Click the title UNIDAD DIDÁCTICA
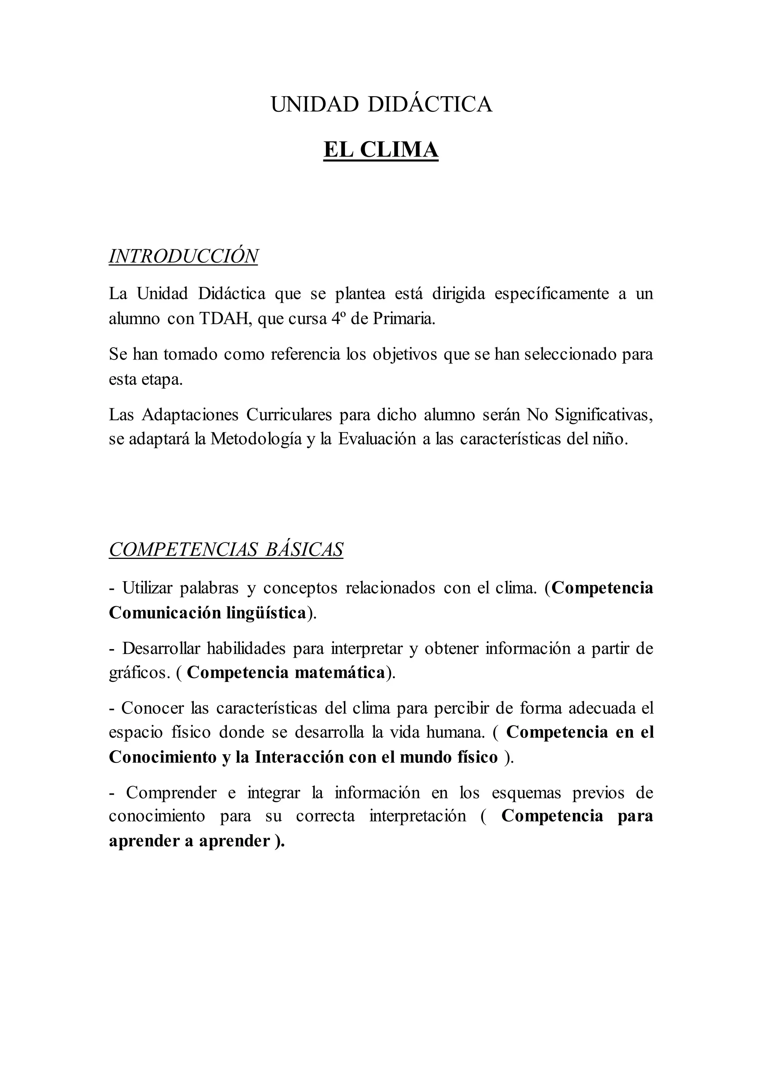tap(381, 104)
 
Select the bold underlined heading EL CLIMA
tap(381, 150)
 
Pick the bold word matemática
tap(340, 673)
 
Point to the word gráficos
tap(139, 673)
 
